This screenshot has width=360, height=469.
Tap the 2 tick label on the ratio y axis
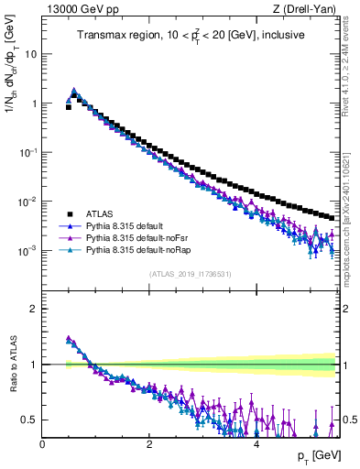(35, 309)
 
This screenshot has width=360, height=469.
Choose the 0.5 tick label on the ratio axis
(30, 420)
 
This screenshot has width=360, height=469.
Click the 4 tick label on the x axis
(256, 444)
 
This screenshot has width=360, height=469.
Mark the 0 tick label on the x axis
(42, 444)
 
